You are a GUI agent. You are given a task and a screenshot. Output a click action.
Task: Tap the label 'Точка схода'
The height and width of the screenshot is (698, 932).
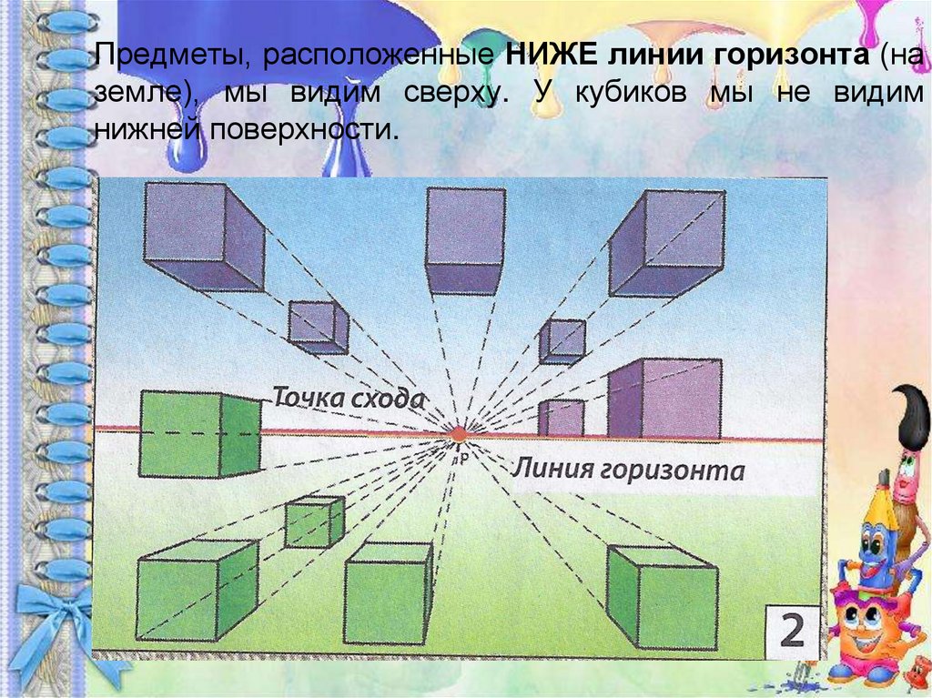349,398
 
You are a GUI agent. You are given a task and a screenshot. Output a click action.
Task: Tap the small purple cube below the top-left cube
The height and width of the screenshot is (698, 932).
319,327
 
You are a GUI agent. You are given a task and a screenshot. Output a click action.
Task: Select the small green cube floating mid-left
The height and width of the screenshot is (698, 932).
314,521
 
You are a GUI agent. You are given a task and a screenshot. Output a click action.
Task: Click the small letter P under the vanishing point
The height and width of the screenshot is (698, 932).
463,455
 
